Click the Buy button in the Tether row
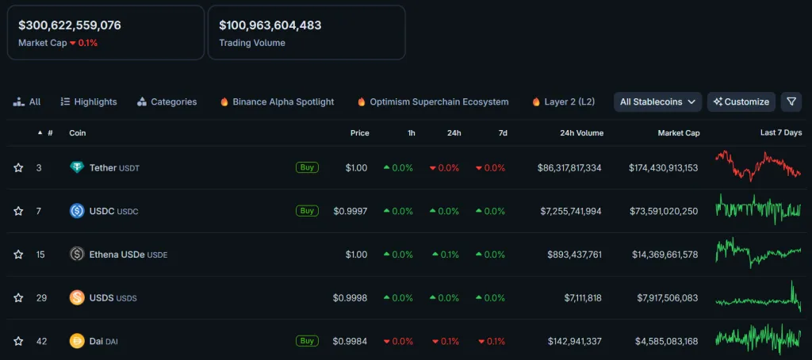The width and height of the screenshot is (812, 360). (307, 167)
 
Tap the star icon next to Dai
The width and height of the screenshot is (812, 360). (18, 341)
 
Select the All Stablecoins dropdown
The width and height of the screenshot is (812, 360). (658, 101)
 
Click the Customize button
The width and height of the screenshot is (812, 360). (741, 101)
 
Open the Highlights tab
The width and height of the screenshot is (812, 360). (88, 101)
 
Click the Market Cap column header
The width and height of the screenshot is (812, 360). (678, 132)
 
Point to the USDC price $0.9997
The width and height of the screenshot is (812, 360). (350, 211)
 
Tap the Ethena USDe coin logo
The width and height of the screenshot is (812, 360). (77, 255)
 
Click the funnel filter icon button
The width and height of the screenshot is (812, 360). (791, 101)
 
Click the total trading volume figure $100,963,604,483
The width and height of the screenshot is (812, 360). (270, 25)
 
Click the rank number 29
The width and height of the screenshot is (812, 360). (41, 298)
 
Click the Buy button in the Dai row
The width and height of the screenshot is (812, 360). (307, 341)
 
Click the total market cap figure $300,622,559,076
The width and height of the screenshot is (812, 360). (70, 25)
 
